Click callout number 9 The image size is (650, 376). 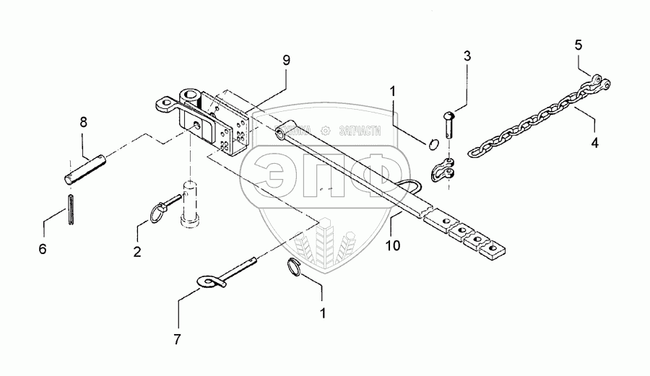[286, 60]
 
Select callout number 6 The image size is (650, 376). [43, 248]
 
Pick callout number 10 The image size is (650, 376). [392, 247]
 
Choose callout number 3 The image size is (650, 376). [467, 56]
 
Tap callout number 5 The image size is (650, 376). [578, 45]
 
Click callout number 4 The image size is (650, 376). [594, 142]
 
